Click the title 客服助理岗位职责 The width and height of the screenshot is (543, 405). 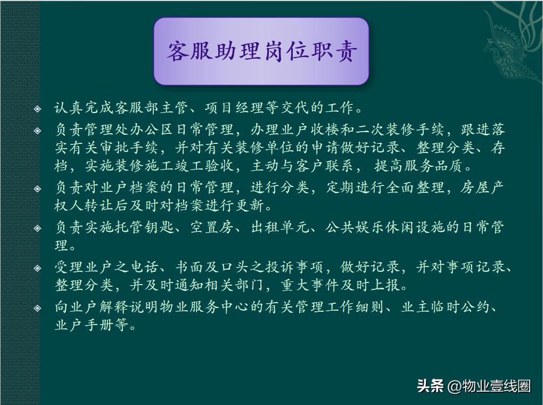pyautogui.click(x=261, y=52)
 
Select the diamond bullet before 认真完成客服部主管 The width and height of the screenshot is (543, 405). pyautogui.click(x=37, y=109)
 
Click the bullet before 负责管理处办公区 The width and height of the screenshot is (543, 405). pyautogui.click(x=37, y=131)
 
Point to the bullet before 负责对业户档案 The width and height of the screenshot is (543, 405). pyautogui.click(x=37, y=188)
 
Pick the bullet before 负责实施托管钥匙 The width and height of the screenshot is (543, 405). pyautogui.click(x=37, y=228)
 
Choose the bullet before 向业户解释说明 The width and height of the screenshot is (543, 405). pyautogui.click(x=37, y=308)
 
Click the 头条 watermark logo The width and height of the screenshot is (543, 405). pyautogui.click(x=430, y=386)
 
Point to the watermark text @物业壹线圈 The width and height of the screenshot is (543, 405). pyautogui.click(x=489, y=386)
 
